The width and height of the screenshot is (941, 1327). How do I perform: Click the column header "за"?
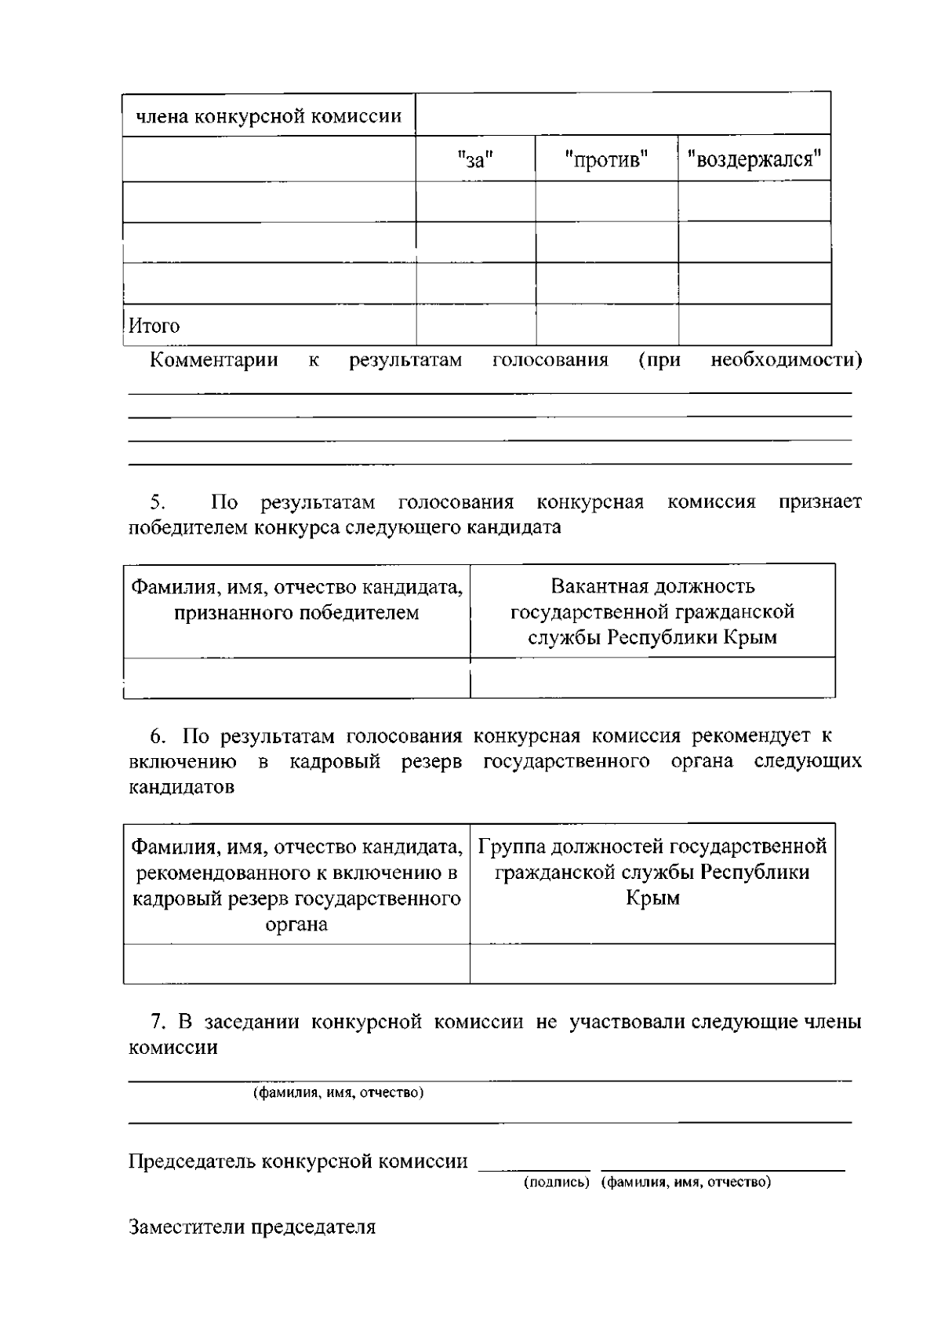click(474, 160)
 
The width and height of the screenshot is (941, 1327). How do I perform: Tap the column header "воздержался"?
click(754, 160)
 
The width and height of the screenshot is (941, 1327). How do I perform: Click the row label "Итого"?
click(154, 326)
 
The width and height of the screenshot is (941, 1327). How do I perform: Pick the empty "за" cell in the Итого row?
click(475, 325)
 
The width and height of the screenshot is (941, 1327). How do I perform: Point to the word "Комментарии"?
click(213, 360)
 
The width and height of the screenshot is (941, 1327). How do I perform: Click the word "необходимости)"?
click(786, 360)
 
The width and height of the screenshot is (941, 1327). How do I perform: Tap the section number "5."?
click(158, 501)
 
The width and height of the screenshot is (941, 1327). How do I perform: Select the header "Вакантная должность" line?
click(652, 586)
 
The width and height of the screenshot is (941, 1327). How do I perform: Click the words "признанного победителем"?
click(296, 613)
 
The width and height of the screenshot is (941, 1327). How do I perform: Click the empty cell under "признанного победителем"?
click(296, 677)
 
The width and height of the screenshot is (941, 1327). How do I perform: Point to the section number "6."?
click(158, 736)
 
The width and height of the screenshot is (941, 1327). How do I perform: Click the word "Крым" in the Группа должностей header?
click(652, 899)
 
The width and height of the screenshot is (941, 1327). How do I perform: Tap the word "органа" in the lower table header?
click(296, 924)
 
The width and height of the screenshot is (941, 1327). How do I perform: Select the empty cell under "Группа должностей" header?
click(652, 964)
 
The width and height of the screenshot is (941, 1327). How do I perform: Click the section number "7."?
click(159, 1022)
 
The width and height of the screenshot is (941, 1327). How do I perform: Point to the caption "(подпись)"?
click(556, 1182)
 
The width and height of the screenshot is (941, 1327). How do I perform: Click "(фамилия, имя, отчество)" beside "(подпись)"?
click(686, 1182)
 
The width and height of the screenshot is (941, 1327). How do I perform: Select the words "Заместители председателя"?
click(252, 1227)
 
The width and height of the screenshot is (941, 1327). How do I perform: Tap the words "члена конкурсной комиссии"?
click(269, 117)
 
